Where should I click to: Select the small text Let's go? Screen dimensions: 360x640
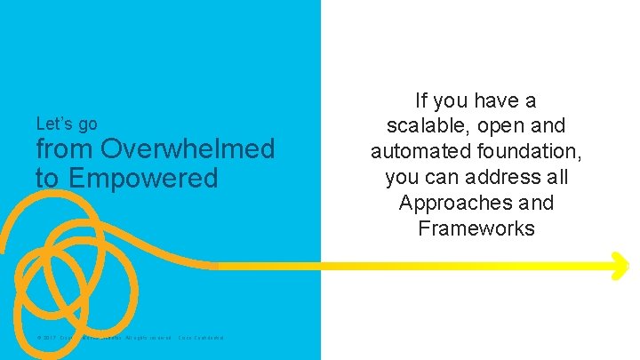(x=67, y=124)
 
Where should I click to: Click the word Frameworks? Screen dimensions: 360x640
(x=476, y=228)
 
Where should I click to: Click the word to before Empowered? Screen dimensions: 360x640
(x=47, y=178)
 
